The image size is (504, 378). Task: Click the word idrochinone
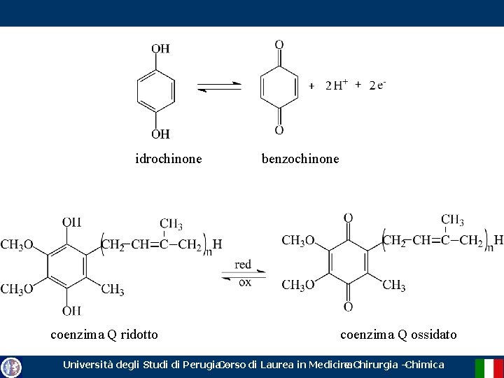[x=169, y=159]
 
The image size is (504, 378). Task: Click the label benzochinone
[x=300, y=159]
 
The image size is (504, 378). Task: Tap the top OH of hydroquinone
[x=160, y=48]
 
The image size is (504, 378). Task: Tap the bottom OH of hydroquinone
[x=160, y=134]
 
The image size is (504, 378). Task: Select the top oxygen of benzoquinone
[x=279, y=45]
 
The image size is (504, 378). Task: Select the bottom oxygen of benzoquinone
[x=279, y=130]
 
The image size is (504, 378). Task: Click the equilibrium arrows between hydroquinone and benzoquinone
[x=219, y=87]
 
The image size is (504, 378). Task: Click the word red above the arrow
[x=243, y=265]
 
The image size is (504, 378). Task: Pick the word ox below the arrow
[x=244, y=282]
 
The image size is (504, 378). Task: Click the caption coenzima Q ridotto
[x=104, y=335]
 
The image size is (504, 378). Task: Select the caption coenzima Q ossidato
[x=398, y=335]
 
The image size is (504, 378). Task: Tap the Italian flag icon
[x=489, y=367]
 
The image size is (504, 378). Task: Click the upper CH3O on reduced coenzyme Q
[x=17, y=245]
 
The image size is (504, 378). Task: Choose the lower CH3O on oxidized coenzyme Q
[x=298, y=285]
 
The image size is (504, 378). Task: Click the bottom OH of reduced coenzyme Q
[x=71, y=310]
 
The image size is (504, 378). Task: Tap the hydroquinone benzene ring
[x=155, y=91]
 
